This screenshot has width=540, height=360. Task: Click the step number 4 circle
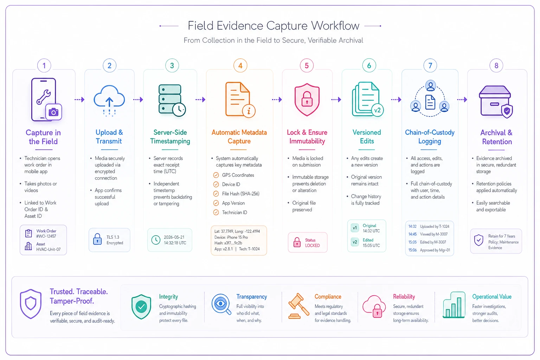[240, 65]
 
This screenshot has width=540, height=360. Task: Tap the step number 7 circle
[430, 65]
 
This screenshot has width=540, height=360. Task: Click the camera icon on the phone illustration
[53, 112]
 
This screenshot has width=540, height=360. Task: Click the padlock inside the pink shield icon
[307, 99]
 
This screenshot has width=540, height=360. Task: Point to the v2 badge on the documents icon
[377, 110]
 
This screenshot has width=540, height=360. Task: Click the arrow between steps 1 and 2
[79, 99]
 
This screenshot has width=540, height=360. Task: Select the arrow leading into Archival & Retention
[462, 99]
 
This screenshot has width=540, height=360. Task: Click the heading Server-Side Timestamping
[170, 137]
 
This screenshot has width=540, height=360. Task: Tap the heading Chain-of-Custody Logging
[430, 137]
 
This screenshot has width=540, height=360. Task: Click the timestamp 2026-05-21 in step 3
[174, 237]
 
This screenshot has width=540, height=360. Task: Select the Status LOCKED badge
[308, 242]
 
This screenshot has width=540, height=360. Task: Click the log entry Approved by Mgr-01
[435, 250]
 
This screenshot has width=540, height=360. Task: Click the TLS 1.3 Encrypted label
[115, 240]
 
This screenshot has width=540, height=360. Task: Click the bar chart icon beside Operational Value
[454, 305]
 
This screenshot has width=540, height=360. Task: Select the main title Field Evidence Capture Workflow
[274, 26]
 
